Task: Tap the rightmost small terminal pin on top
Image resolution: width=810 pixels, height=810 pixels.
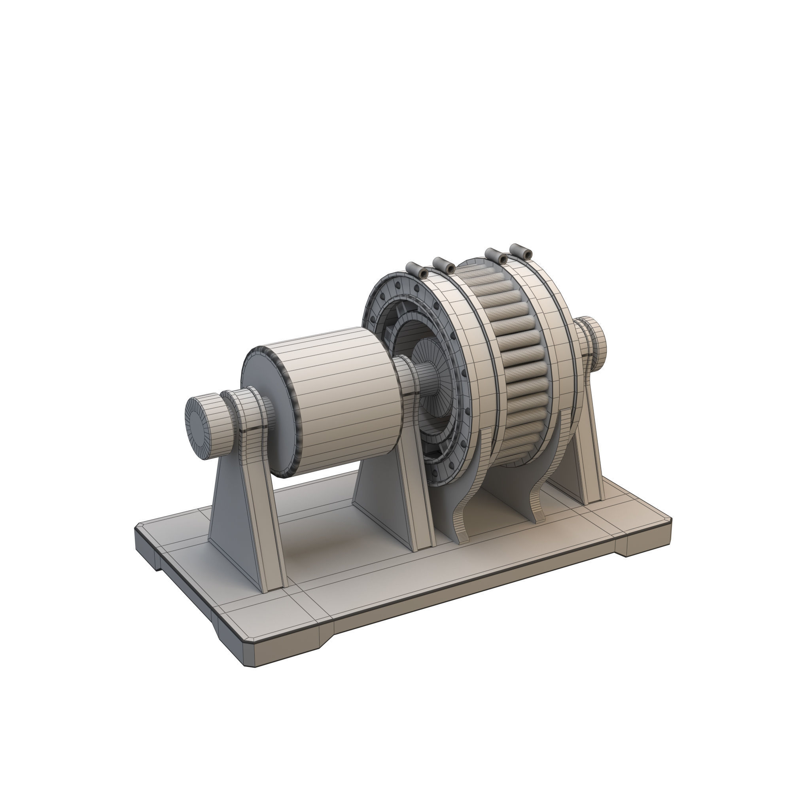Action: [521, 252]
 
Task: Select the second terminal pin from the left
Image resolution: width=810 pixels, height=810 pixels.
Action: [444, 265]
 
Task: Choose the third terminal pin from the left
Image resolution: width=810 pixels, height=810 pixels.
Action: [496, 256]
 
